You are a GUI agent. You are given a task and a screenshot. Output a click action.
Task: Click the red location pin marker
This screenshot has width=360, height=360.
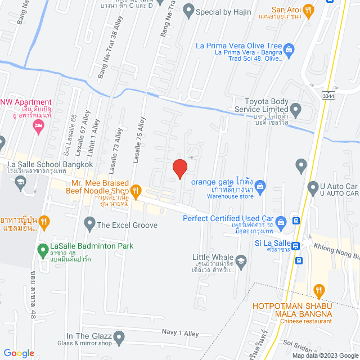click(179, 168)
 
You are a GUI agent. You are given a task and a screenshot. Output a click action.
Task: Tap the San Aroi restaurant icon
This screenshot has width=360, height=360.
click(308, 10)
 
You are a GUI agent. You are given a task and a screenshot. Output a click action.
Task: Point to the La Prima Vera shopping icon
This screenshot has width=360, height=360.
click(289, 48)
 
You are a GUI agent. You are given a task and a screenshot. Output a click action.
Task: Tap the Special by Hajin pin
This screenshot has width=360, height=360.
click(188, 10)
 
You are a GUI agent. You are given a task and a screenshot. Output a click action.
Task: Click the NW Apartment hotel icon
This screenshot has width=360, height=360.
click(39, 128)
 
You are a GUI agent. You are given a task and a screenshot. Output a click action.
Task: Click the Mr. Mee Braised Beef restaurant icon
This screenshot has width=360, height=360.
click(135, 190)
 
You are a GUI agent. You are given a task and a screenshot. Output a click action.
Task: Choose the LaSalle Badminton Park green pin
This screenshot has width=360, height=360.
click(42, 249)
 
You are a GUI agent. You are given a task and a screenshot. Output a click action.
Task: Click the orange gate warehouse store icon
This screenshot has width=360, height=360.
click(260, 184)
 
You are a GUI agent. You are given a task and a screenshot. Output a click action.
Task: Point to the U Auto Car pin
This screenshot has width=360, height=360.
click(312, 187)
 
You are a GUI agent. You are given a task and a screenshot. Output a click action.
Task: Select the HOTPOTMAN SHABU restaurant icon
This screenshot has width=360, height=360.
click(319, 290)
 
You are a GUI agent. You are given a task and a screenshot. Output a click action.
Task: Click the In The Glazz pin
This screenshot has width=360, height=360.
click(119, 337)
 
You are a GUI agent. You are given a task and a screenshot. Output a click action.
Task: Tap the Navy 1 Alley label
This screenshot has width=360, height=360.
click(180, 334)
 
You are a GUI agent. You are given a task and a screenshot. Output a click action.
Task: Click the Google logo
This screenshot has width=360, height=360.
click(18, 353)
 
